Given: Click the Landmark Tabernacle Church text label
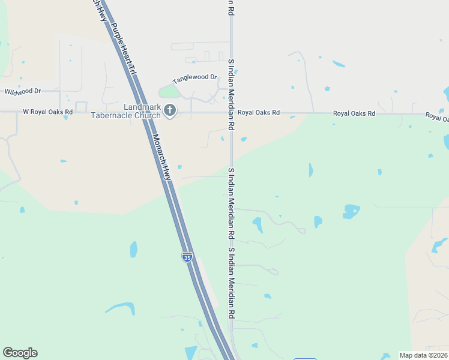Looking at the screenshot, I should pyautogui.click(x=126, y=111).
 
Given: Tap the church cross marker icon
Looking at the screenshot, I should pyautogui.click(x=170, y=110).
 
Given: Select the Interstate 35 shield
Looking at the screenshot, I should pyautogui.click(x=187, y=257).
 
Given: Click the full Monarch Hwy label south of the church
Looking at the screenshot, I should pyautogui.click(x=161, y=156).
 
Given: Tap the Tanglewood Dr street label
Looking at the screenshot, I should pyautogui.click(x=194, y=79).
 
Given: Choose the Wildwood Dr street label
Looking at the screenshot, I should pyautogui.click(x=22, y=91).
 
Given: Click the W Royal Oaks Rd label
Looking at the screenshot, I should pyautogui.click(x=47, y=112).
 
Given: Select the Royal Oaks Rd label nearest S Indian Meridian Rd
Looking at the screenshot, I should pyautogui.click(x=259, y=112).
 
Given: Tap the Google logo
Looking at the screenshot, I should pyautogui.click(x=20, y=353).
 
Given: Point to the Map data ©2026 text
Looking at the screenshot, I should pyautogui.click(x=423, y=355).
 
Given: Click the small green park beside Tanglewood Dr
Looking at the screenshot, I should pyautogui.click(x=169, y=92).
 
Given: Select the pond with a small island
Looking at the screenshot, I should pyautogui.click(x=351, y=211).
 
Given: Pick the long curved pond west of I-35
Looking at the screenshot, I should pyautogui.click(x=120, y=308).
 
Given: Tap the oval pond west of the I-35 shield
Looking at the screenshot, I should pyautogui.click(x=133, y=248).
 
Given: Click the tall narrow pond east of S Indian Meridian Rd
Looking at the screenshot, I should pyautogui.click(x=310, y=170).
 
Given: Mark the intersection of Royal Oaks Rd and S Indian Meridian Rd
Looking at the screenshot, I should pyautogui.click(x=231, y=112).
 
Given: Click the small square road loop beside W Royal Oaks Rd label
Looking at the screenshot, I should pyautogui.click(x=81, y=107).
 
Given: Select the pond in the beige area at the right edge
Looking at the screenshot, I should pyautogui.click(x=439, y=244).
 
